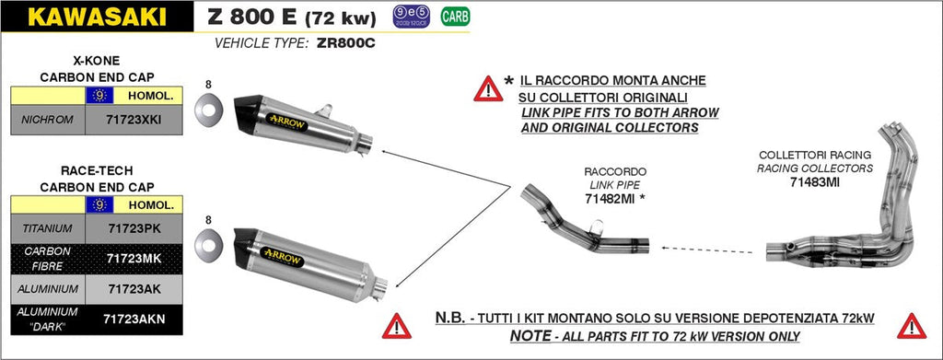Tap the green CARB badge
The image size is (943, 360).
[452, 16]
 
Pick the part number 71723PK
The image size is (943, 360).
[134, 226]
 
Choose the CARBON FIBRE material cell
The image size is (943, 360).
[46, 257]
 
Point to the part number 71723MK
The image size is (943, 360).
[134, 257]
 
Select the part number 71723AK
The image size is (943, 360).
[134, 288]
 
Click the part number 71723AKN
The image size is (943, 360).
[134, 318]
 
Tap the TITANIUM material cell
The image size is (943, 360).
[46, 226]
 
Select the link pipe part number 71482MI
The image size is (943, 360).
[615, 198]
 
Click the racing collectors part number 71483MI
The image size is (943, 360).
[814, 181]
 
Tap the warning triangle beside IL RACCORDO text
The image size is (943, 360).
[487, 88]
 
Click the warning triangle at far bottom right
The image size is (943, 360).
[912, 325]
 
